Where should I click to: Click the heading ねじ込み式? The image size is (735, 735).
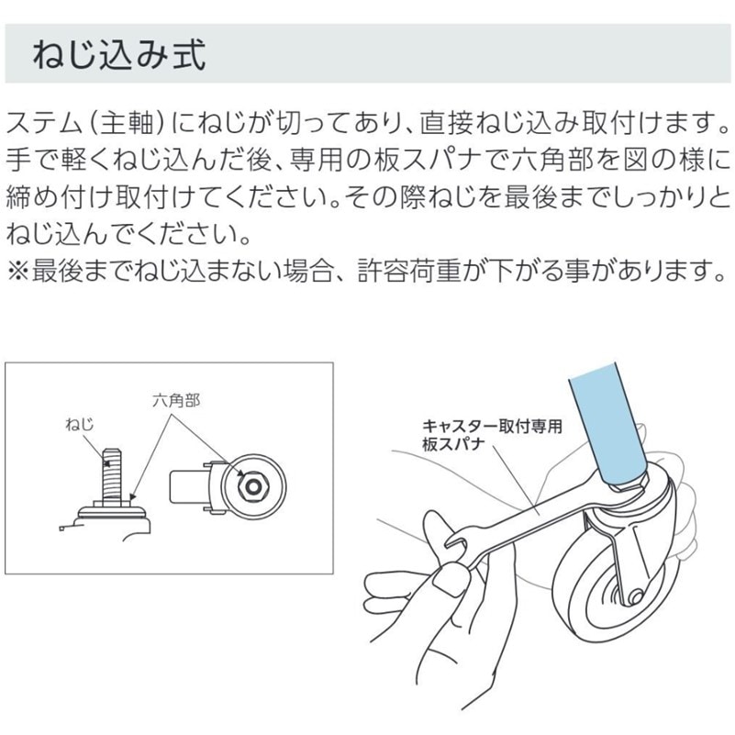[119, 55]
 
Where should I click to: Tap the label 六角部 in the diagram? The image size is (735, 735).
[176, 401]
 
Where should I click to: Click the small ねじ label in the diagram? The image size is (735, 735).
[80, 425]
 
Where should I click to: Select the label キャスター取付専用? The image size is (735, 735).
[492, 427]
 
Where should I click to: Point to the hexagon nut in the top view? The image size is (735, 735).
[253, 487]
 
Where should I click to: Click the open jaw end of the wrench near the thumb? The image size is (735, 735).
[457, 540]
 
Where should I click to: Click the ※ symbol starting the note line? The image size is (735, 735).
[17, 272]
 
